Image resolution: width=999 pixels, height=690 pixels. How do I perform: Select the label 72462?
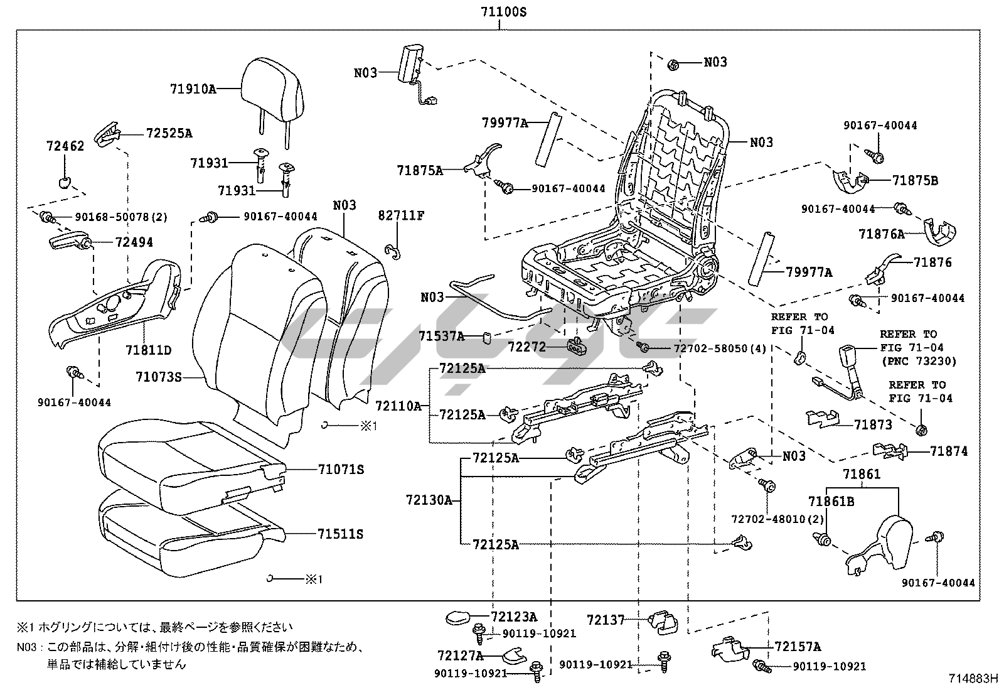click(x=65, y=146)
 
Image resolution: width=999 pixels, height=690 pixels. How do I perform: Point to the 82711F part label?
click(x=401, y=216)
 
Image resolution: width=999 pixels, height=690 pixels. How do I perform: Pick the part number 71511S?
click(x=340, y=534)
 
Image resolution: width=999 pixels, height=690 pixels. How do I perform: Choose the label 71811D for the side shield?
click(x=148, y=350)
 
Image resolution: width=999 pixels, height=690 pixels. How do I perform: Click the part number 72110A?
click(x=398, y=406)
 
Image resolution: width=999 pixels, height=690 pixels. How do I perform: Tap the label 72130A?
click(x=429, y=500)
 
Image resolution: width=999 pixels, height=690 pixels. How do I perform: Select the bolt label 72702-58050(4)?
click(x=720, y=348)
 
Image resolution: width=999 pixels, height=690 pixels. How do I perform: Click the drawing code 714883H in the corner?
click(x=972, y=678)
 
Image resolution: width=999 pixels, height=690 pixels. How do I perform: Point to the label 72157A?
click(x=798, y=647)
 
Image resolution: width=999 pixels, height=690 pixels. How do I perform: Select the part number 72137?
click(x=606, y=620)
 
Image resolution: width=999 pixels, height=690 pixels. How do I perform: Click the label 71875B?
click(x=915, y=181)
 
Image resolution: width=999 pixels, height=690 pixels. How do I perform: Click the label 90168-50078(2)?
click(x=121, y=217)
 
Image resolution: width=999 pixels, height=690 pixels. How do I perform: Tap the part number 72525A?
click(x=169, y=133)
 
